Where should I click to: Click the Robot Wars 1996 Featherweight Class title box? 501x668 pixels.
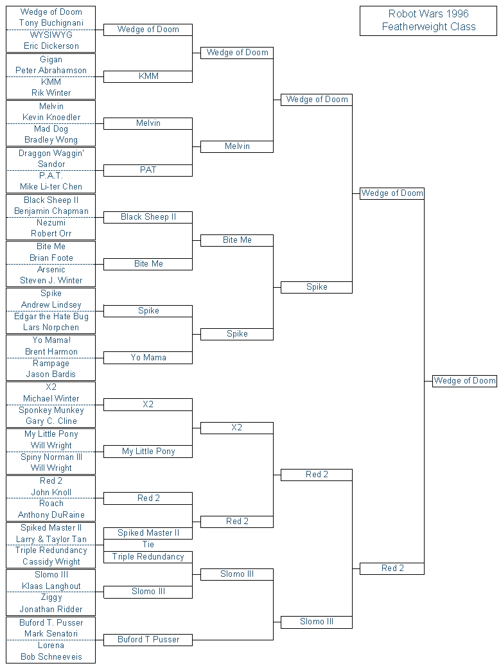point(428,21)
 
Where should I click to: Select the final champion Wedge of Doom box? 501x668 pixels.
point(465,381)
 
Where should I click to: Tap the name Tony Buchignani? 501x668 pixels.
point(51,23)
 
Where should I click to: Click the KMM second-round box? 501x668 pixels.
point(148,76)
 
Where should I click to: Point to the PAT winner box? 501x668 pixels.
point(148,170)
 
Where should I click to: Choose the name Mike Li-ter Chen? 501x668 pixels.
point(51,187)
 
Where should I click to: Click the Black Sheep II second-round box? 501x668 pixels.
point(148,217)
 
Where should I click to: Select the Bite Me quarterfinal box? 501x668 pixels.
point(237,240)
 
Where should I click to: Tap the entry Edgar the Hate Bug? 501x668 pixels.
point(51,317)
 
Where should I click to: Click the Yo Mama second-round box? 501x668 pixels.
point(148,357)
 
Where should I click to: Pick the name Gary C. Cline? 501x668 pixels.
point(51,421)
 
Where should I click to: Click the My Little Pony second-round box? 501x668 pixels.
point(148,451)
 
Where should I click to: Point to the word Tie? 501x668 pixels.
point(148,545)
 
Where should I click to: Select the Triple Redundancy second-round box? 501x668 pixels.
point(148,557)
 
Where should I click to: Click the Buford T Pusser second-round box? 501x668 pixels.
point(148,640)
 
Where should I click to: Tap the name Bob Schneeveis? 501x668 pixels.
point(51,657)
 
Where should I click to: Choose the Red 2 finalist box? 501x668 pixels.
point(392,568)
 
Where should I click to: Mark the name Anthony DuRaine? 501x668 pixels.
point(51,515)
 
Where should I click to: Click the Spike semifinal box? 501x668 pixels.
point(317,287)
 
